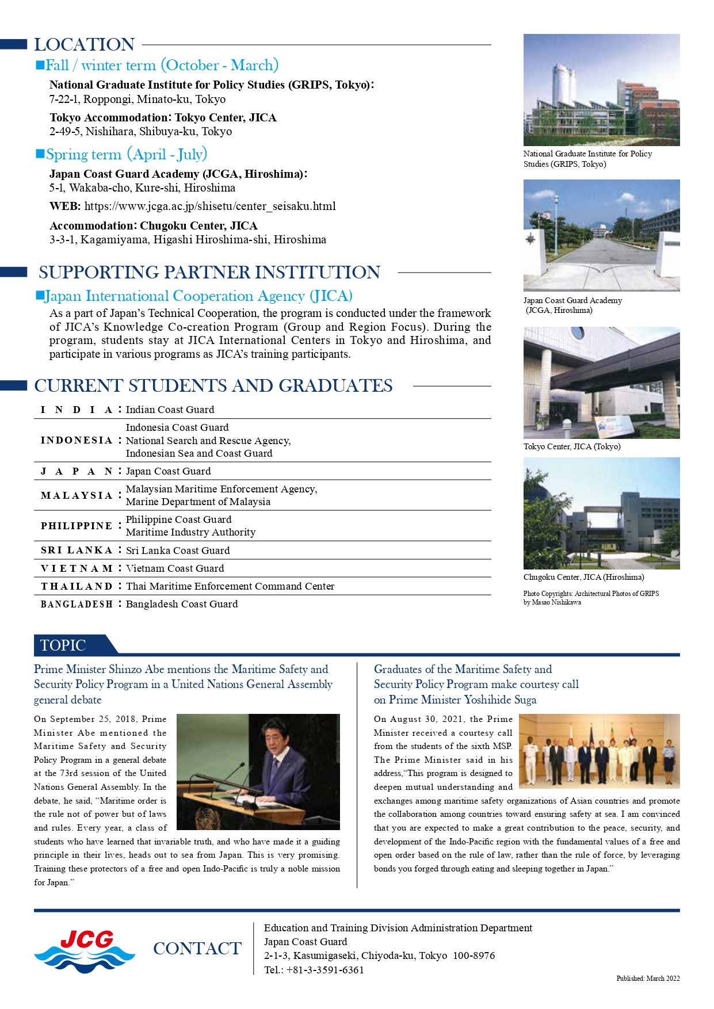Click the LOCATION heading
click(84, 44)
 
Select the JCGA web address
click(210, 206)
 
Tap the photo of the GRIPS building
click(601, 90)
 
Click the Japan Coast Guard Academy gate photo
click(601, 235)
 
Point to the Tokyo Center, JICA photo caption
click(571, 446)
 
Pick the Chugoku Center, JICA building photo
click(601, 513)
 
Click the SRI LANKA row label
click(77, 551)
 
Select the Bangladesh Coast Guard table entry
click(182, 604)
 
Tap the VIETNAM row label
click(77, 568)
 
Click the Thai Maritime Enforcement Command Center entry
click(230, 586)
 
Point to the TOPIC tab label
click(63, 645)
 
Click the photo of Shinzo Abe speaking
click(258, 771)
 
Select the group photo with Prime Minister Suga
click(599, 751)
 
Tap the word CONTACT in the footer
click(197, 949)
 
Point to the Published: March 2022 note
click(648, 978)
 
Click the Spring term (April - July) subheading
click(126, 154)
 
